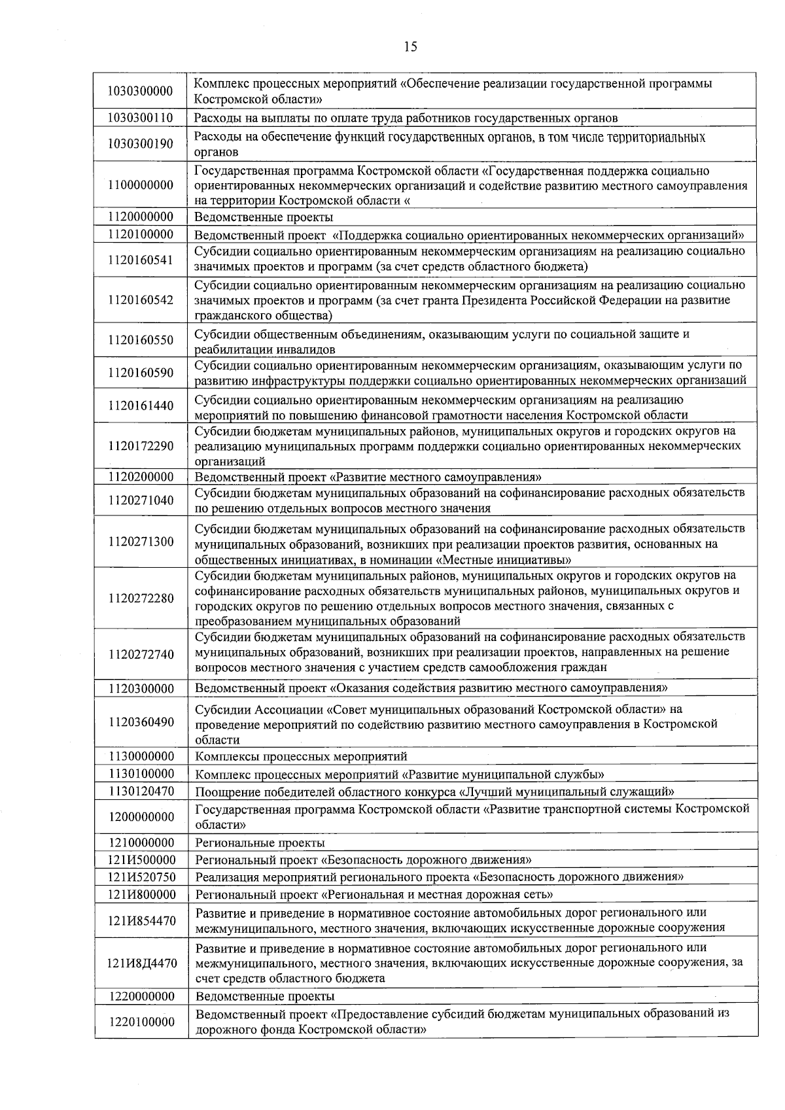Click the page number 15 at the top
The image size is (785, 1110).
(410, 46)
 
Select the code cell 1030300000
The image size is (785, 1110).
(141, 91)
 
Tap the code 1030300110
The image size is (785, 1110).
(141, 118)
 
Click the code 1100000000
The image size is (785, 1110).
(141, 185)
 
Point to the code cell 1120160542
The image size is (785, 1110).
(141, 300)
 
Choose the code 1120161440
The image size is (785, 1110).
(141, 406)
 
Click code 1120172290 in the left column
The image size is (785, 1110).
(141, 446)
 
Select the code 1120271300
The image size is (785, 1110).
(141, 542)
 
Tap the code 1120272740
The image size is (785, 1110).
(141, 654)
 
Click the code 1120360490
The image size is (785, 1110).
(141, 722)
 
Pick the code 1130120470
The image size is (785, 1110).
(141, 791)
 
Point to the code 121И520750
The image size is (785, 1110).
(141, 877)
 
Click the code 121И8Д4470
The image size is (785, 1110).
(141, 963)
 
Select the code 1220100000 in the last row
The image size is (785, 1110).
(141, 1022)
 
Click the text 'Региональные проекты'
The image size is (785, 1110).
(260, 843)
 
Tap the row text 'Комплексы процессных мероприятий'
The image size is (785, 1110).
(301, 757)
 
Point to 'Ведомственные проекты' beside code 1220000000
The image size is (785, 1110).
(265, 997)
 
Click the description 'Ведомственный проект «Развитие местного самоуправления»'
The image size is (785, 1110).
(368, 477)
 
